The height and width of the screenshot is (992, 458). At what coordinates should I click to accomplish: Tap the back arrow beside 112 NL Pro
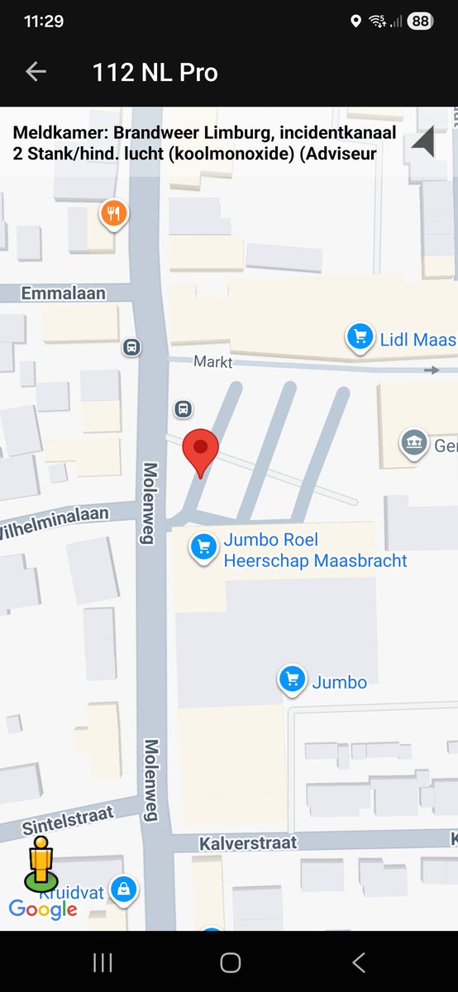pos(36,72)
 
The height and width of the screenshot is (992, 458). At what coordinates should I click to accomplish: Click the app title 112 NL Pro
pos(155,73)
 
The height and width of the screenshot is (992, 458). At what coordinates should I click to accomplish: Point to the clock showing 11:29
pos(44,21)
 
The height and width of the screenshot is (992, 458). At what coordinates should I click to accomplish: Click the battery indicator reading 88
pos(420,21)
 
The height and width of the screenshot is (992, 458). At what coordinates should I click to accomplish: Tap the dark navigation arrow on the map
pos(423,142)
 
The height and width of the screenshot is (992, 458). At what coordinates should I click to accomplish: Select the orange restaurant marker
pos(113,214)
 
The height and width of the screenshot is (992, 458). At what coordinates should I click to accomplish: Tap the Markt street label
pos(213,361)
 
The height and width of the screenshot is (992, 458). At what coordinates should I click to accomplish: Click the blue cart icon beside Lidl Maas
pos(359,337)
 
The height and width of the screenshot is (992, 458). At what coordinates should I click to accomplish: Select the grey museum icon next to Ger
pos(413,443)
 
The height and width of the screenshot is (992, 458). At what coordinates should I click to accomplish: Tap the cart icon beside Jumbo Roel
pos(203,547)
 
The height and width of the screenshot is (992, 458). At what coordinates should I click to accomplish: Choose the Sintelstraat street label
pos(68,821)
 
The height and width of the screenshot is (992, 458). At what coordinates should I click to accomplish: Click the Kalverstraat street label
pos(247,842)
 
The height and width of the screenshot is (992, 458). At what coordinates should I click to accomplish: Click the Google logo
pos(43,909)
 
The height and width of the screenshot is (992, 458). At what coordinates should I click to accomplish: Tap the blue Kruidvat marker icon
pos(123,889)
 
